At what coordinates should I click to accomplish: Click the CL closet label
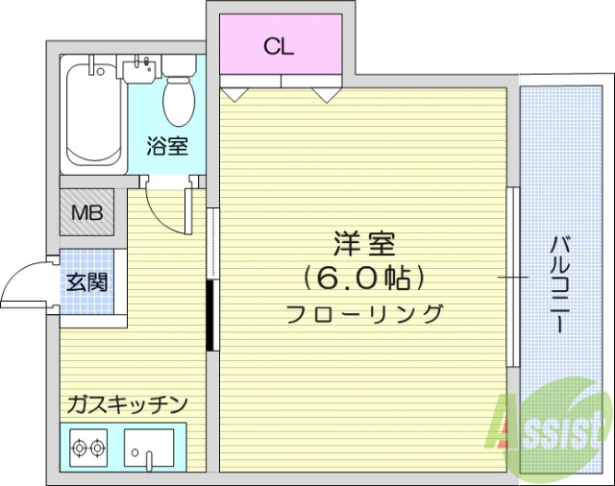[x=280, y=45]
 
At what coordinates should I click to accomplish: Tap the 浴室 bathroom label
[x=166, y=146]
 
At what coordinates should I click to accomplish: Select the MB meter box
[x=87, y=209]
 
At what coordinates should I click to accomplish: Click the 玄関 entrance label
[x=86, y=282]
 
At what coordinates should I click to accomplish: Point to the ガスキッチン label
[x=126, y=404]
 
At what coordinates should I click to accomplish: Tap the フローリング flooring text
[x=364, y=314]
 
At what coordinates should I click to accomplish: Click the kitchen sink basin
[x=150, y=448]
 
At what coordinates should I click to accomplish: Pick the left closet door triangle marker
[x=234, y=95]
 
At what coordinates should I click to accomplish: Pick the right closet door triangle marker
[x=327, y=95]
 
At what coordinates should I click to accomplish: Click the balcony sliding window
[x=513, y=278]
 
